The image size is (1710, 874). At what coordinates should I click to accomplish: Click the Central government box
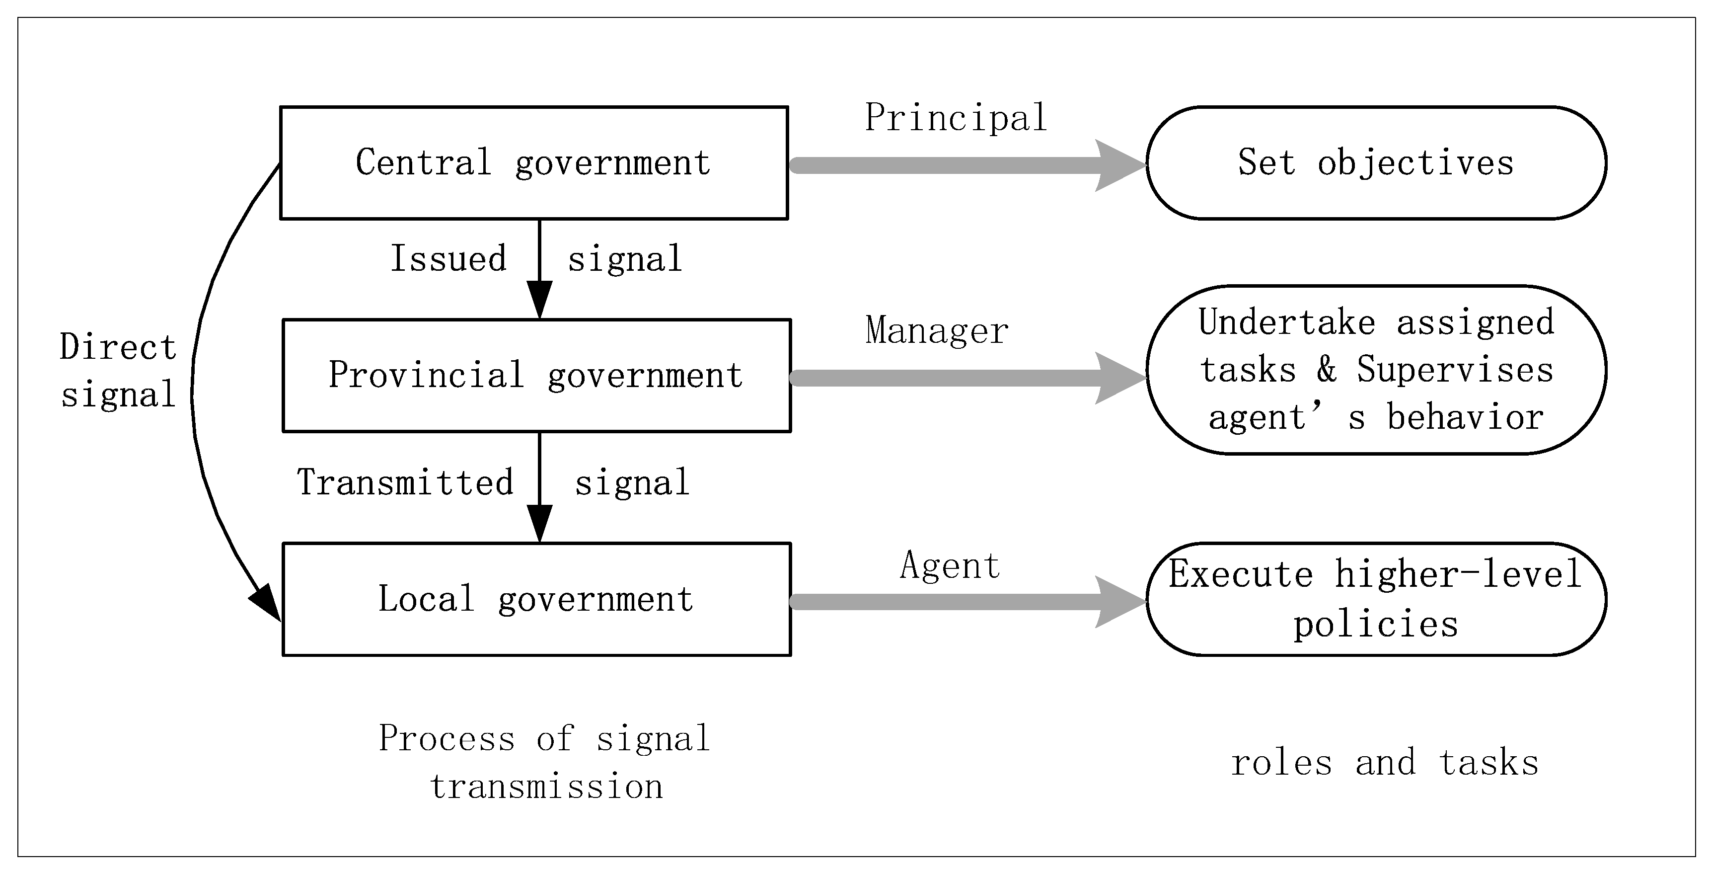pos(534,162)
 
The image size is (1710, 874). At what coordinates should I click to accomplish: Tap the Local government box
pos(536,600)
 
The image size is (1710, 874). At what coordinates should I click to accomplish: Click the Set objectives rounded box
pos(1376,162)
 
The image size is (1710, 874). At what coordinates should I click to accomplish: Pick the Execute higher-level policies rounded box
pos(1376,600)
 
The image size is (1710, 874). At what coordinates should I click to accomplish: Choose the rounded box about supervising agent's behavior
pos(1376,370)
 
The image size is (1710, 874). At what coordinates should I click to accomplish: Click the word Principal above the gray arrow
pos(956,119)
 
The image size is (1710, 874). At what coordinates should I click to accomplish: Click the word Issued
pos(448,258)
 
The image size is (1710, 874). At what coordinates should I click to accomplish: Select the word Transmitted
pos(405,482)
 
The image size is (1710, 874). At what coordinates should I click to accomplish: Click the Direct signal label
pos(118,371)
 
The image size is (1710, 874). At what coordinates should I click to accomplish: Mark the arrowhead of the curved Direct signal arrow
pos(267,602)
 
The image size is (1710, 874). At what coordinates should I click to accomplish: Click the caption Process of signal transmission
pos(544,762)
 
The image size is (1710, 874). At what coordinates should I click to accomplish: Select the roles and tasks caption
pos(1385,762)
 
